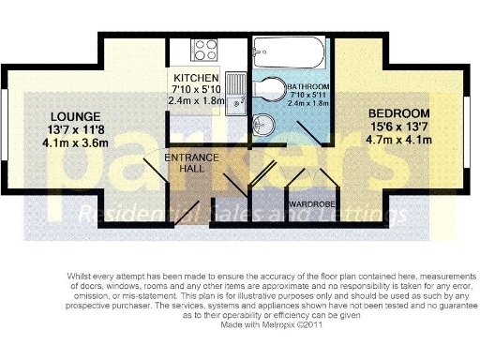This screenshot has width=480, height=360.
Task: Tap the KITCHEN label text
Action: click(196, 77)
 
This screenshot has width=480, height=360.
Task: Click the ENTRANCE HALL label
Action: click(193, 163)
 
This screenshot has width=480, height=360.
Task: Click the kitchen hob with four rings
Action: click(205, 49)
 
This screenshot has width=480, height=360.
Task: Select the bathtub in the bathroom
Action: click(288, 50)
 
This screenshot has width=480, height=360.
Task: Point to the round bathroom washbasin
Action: click(265, 124)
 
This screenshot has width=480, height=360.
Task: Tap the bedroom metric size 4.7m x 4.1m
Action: click(398, 140)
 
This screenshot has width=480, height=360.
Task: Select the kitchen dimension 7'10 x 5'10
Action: click(196, 89)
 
